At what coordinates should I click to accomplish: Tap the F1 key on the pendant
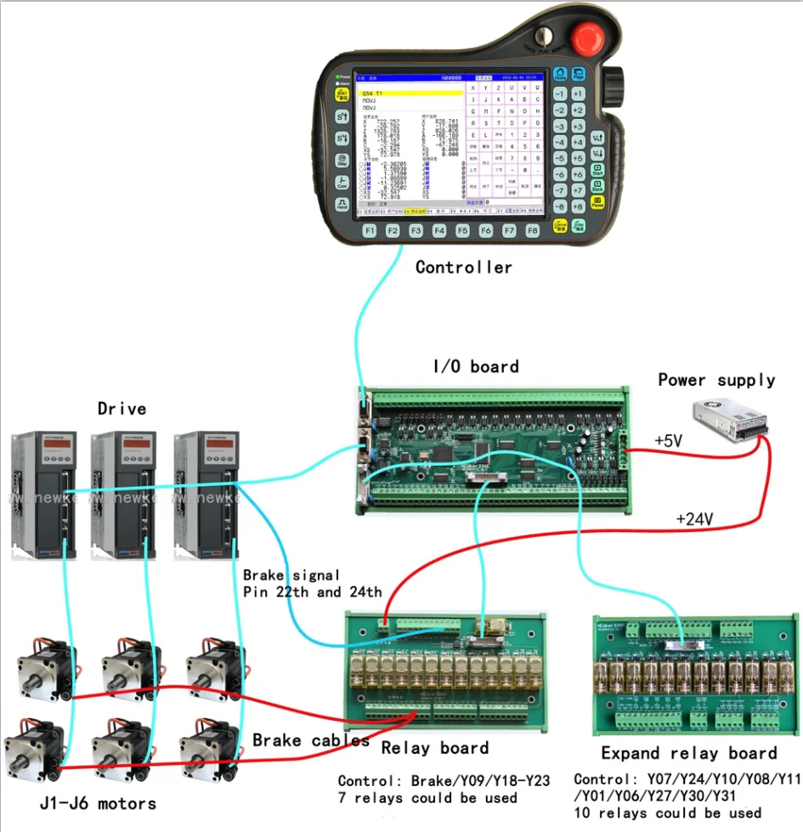pos(370,230)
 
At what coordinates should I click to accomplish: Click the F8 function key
pos(532,230)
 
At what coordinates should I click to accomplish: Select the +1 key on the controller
pos(578,93)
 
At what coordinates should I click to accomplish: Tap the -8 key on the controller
pos(560,207)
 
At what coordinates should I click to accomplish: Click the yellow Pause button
pos(598,202)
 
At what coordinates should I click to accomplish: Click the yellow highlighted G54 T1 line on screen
pos(410,93)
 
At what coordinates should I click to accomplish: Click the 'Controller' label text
pos(464,267)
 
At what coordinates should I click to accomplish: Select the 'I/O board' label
pos(476,366)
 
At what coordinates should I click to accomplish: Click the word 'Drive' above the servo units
pos(122,409)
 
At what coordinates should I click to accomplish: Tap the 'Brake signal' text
pos(291,575)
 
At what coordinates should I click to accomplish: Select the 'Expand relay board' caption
pos(688,753)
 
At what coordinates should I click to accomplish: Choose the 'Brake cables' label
pos(311,739)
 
